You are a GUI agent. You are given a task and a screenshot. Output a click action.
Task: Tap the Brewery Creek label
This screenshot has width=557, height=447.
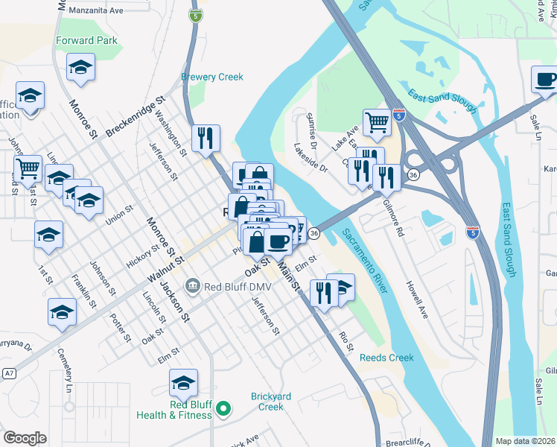pos(212,77)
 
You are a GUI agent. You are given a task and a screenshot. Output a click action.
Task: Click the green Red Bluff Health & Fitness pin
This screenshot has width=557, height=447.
pos(223,408)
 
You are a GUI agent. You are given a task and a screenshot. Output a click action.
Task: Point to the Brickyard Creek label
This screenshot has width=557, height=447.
pos(276,402)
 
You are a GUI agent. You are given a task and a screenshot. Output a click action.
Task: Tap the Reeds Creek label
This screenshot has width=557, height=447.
pos(386,358)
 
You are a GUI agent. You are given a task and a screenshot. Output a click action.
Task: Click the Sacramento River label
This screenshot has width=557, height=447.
pos(363,261)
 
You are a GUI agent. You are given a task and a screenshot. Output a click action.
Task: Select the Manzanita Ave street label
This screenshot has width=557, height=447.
pos(95,11)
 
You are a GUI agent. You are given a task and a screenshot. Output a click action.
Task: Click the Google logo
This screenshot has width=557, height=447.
pos(25,438)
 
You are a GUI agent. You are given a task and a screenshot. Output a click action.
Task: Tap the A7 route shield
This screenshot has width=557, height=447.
pos(8,372)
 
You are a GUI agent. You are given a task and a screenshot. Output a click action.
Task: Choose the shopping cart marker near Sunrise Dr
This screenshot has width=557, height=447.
pos(378,121)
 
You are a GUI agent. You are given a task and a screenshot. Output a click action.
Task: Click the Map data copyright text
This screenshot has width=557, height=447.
pos(523,441)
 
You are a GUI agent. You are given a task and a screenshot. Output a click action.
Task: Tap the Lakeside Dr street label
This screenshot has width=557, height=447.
pos(310,157)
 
